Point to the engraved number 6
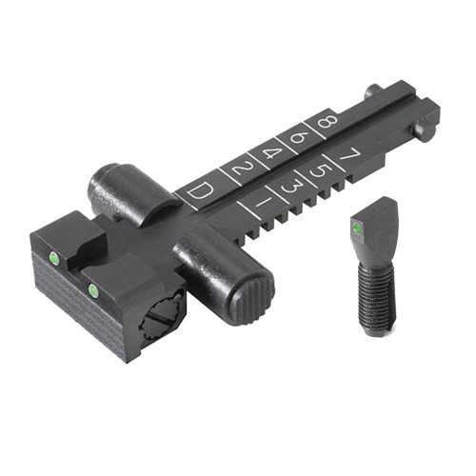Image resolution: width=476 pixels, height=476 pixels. pyautogui.click(x=299, y=137)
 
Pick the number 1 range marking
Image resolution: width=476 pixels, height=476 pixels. pyautogui.click(x=261, y=203)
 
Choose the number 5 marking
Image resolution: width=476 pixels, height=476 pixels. pyautogui.click(x=322, y=167)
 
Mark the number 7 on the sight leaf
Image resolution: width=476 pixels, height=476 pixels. pyautogui.click(x=349, y=150)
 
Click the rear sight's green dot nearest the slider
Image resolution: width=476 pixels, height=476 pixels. pyautogui.click(x=93, y=288)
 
